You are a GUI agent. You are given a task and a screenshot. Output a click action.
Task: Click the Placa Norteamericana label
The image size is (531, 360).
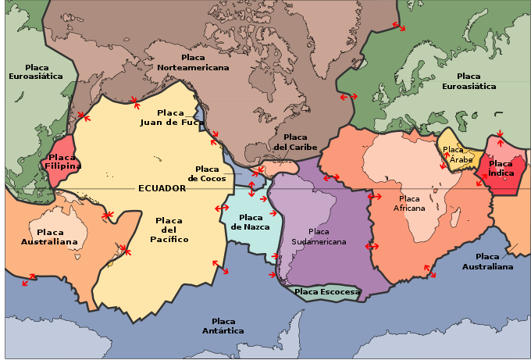click(x=193, y=62)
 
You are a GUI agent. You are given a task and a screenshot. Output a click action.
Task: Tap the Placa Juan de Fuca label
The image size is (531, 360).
click(x=171, y=117)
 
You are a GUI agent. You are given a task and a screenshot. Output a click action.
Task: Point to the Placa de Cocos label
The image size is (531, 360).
click(x=207, y=173)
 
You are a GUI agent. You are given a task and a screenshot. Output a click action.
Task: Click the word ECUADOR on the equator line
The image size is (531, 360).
click(x=162, y=188)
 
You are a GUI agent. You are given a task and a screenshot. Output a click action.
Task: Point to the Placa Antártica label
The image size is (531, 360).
click(x=223, y=326)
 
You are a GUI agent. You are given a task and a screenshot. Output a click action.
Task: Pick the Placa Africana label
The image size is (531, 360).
click(x=409, y=203)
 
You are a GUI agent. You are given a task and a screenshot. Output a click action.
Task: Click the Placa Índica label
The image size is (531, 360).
click(x=500, y=169)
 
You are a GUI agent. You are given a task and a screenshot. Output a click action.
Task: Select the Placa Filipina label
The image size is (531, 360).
click(x=62, y=162)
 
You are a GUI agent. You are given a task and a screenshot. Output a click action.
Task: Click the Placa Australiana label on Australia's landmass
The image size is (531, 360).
click(x=51, y=237)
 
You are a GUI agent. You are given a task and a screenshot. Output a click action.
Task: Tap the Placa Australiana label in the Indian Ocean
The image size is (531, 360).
click(x=487, y=262)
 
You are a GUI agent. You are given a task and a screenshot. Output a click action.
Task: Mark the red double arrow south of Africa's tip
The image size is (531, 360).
click(x=429, y=270)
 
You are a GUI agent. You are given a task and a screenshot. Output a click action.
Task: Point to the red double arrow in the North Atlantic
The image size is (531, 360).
click(x=348, y=97)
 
